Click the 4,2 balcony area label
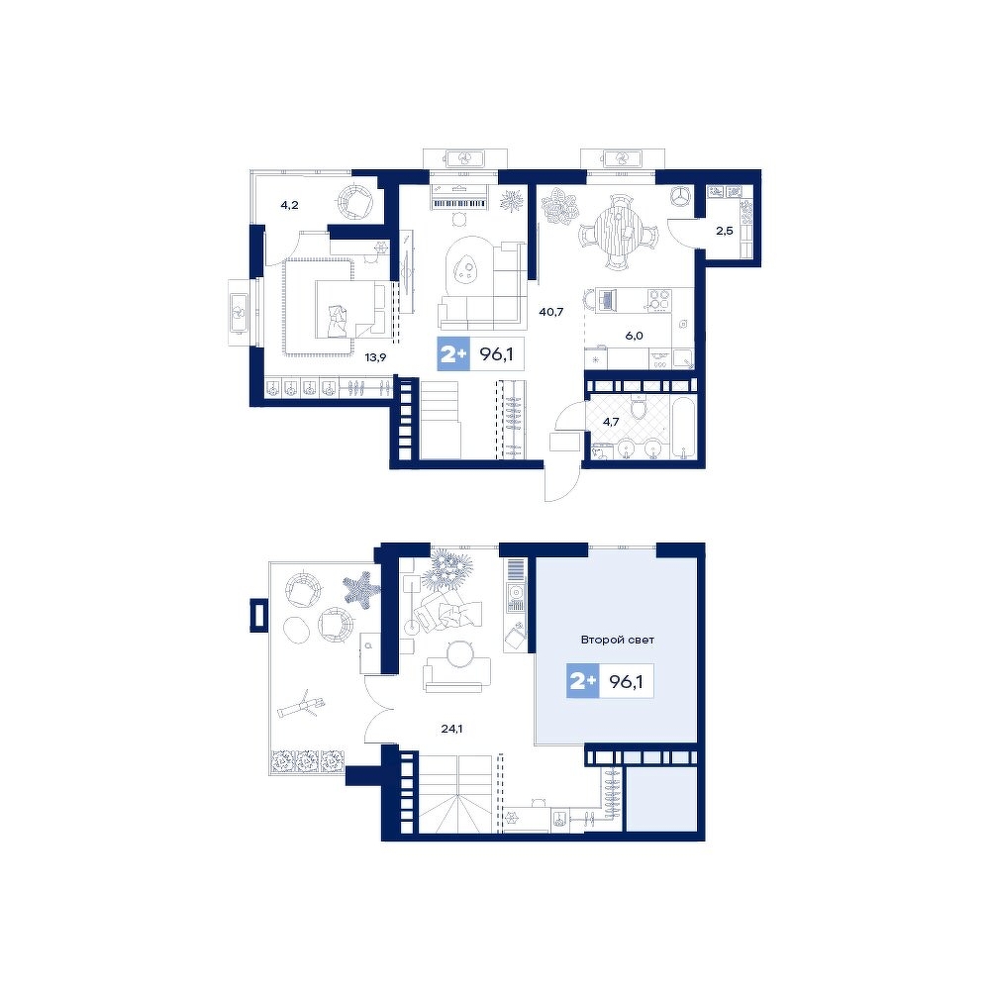point(289,205)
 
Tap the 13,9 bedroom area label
point(375,357)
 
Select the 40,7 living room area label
point(550,311)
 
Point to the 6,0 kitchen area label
point(634,336)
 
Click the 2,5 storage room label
point(725,231)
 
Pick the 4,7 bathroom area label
point(611,422)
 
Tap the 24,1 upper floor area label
point(452,729)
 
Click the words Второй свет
point(618,640)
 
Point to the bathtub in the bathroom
point(682,428)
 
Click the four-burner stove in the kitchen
point(659,299)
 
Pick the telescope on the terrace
point(302,706)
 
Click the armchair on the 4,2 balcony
point(355,201)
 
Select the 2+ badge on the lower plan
point(583,681)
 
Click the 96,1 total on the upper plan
point(496,354)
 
